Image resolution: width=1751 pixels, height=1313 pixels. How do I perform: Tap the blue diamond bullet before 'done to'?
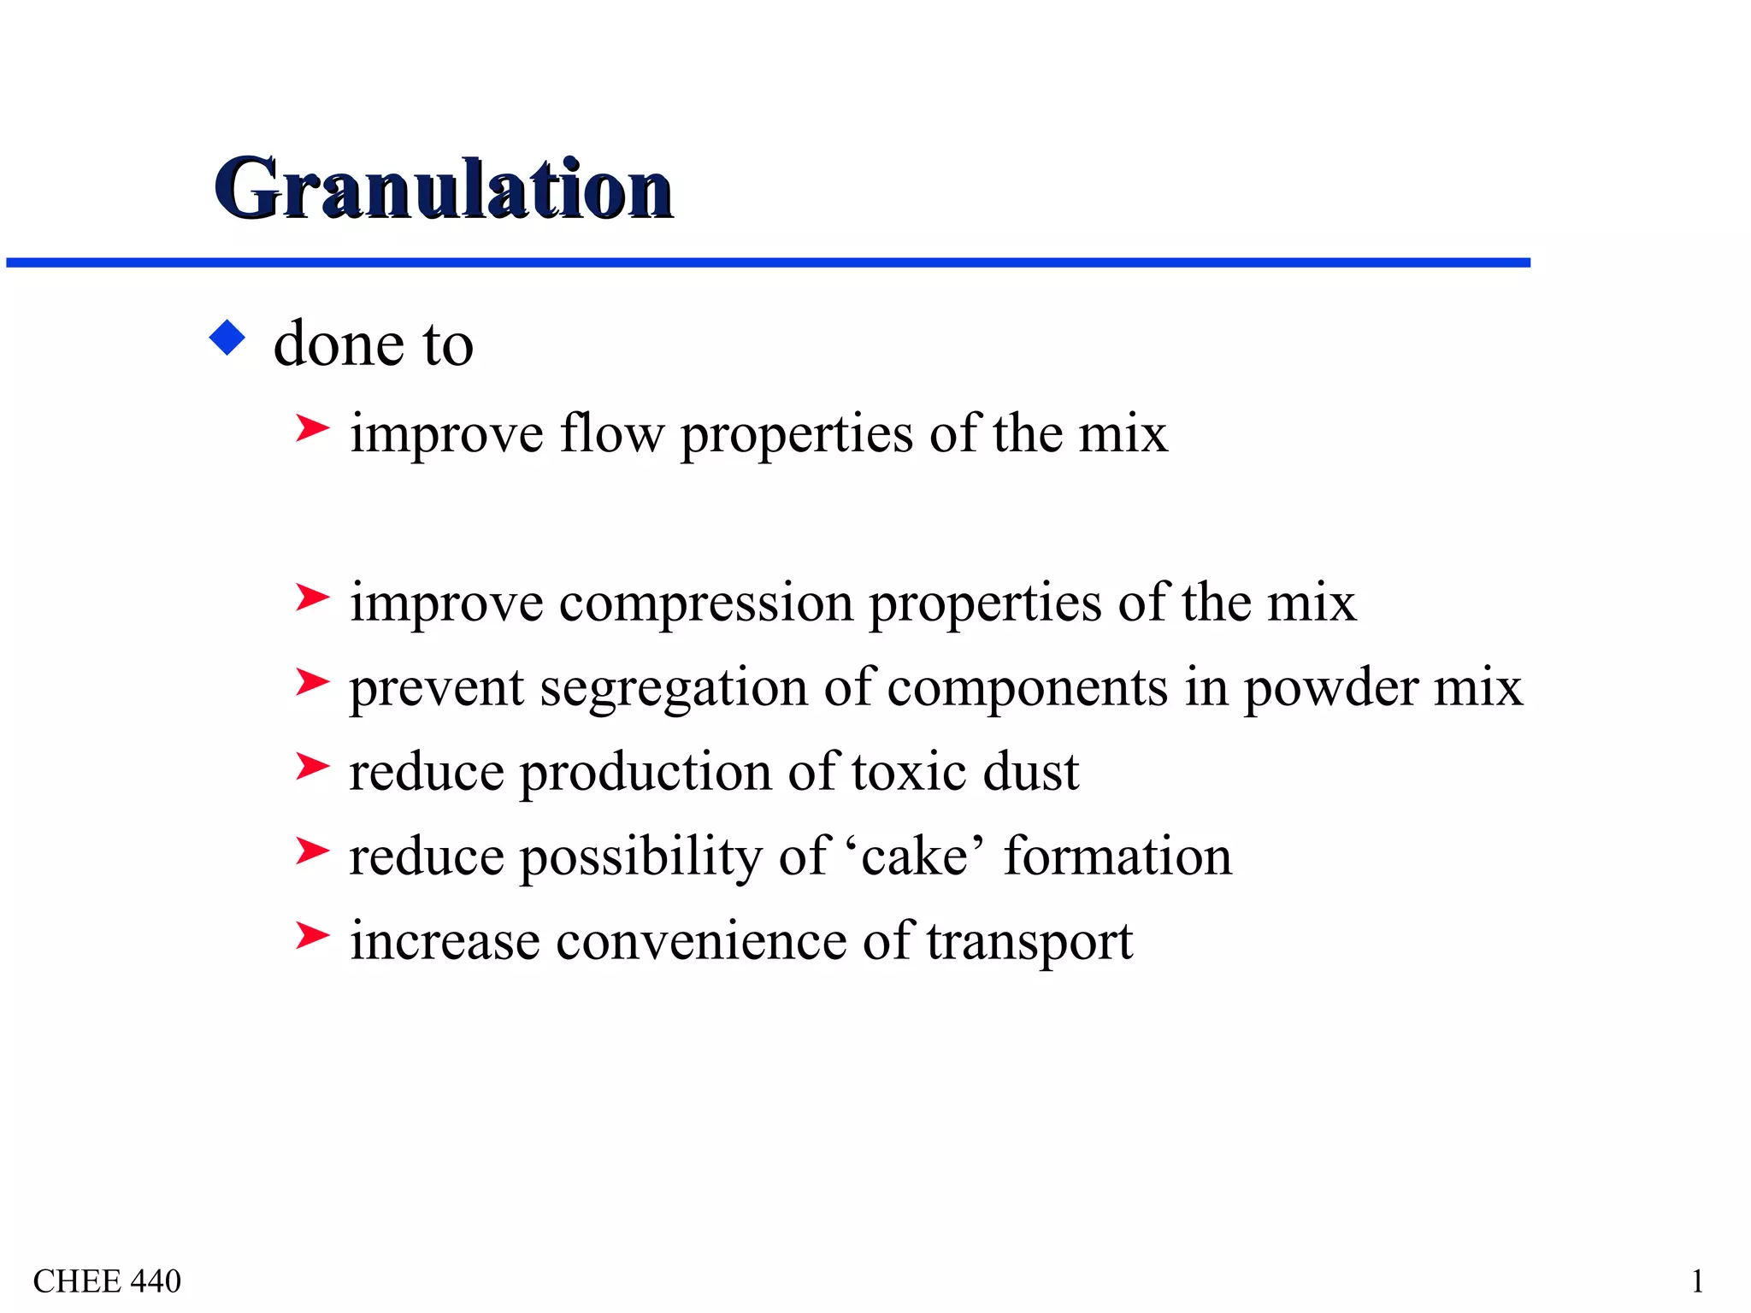[227, 338]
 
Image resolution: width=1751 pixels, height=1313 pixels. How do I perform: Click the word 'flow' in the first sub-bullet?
[611, 433]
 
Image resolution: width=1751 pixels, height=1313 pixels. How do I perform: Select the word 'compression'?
[705, 604]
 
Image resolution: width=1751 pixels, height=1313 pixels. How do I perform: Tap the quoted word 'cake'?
[915, 857]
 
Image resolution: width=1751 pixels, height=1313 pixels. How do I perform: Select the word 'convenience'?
[701, 941]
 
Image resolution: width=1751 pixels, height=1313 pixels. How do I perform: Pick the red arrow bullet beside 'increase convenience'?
[312, 935]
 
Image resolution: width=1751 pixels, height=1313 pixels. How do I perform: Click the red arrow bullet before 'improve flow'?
[312, 427]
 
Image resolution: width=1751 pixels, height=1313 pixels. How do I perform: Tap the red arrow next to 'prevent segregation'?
[312, 681]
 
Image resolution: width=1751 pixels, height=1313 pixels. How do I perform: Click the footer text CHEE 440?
[107, 1281]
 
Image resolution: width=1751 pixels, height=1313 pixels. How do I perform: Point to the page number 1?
[1697, 1281]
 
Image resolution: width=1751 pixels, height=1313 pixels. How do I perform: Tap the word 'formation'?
[1117, 857]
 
